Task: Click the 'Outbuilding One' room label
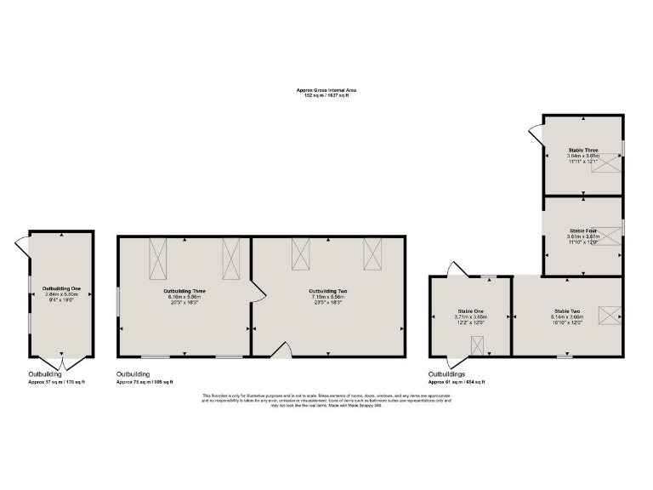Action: point(61,288)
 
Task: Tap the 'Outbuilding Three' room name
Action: point(185,291)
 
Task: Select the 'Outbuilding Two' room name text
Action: point(328,291)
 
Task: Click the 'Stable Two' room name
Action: point(567,312)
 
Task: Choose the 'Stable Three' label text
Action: point(583,150)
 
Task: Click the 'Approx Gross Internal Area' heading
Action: point(326,90)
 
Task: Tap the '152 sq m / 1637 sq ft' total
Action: point(326,95)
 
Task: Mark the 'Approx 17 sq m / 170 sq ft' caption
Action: point(57,382)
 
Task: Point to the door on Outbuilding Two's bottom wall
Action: point(283,348)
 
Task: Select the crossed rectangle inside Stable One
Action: point(477,345)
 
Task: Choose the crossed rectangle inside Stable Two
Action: point(609,315)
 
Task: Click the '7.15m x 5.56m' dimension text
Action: point(328,297)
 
